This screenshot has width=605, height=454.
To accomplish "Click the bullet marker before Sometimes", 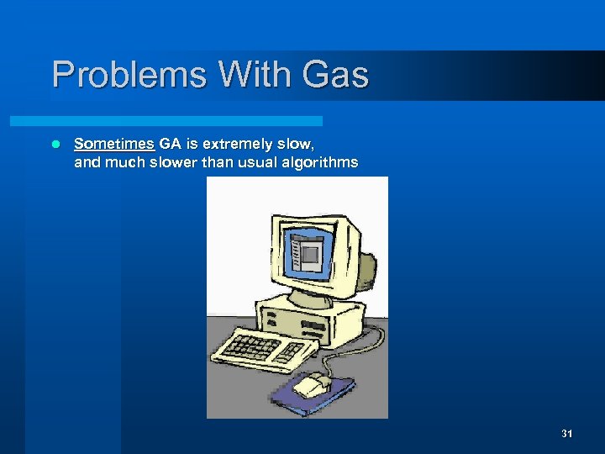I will pyautogui.click(x=55, y=145).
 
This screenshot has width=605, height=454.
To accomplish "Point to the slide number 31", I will pyautogui.click(x=566, y=434).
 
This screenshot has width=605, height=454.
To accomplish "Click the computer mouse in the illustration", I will pyautogui.click(x=313, y=384).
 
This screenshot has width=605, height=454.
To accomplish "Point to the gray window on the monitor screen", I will pyautogui.click(x=311, y=253).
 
